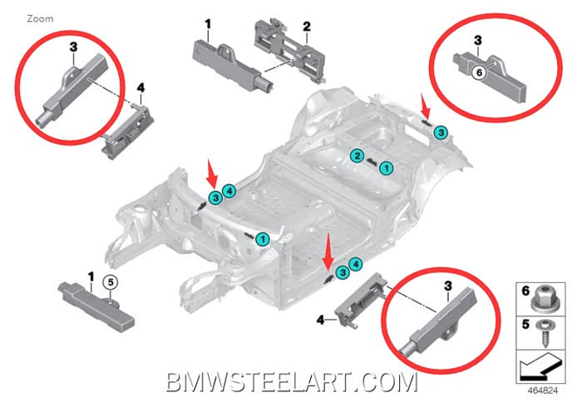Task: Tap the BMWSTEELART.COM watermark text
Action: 291,383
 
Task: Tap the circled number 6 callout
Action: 477,73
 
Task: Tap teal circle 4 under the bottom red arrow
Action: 357,263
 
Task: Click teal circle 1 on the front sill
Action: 263,240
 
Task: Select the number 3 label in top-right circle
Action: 478,39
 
